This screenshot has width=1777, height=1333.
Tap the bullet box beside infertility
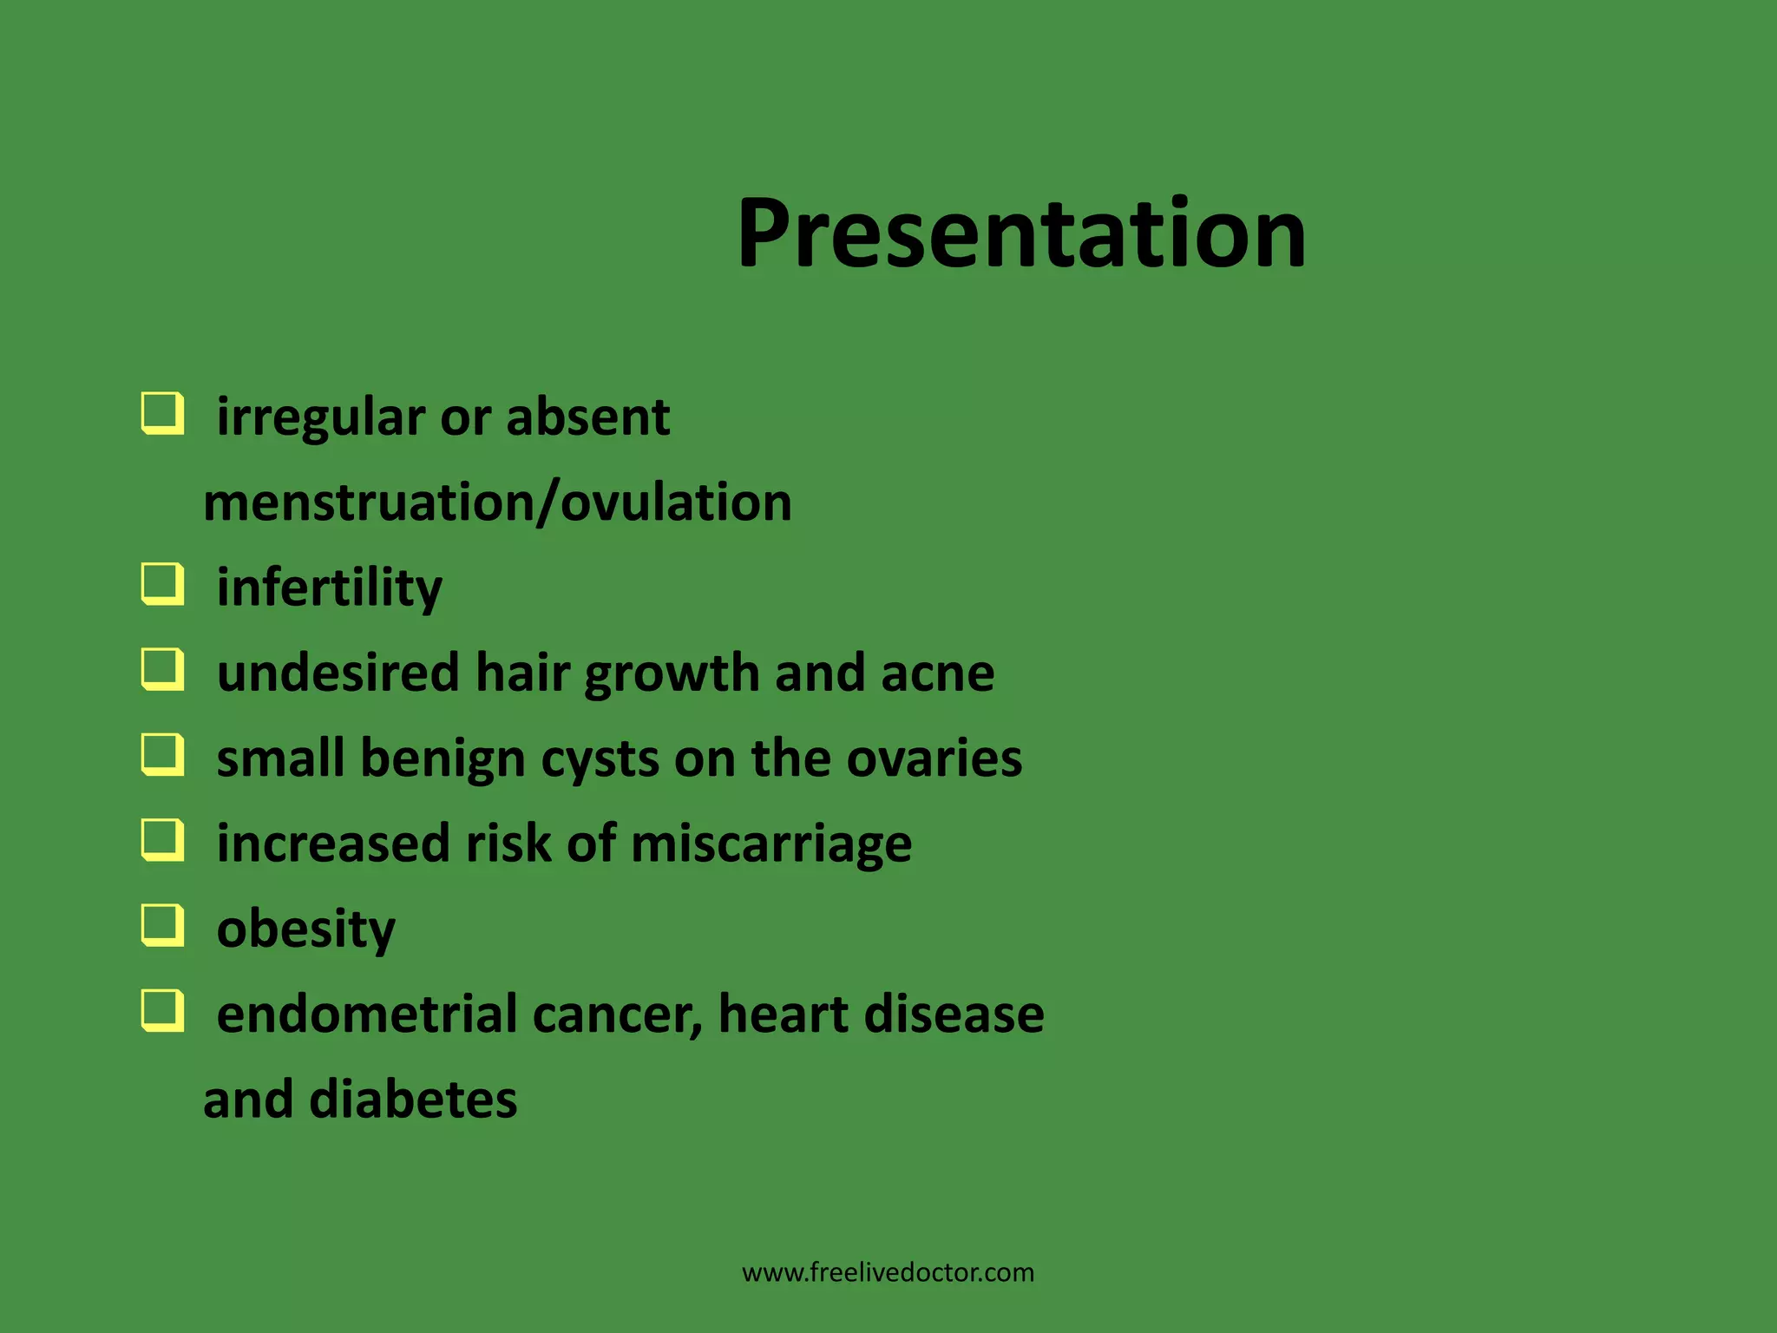pos(162,584)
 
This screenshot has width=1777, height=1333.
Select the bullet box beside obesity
pos(162,926)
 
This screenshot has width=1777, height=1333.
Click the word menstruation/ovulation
pos(497,503)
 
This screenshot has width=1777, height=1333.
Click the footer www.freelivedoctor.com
pos(888,1273)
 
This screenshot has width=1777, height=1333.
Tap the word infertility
pos(329,588)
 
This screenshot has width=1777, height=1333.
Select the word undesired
pos(338,673)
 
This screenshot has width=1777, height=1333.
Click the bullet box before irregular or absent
pos(162,413)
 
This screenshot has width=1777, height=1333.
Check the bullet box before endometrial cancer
pos(162,1011)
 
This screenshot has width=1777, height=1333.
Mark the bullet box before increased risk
pos(162,840)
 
